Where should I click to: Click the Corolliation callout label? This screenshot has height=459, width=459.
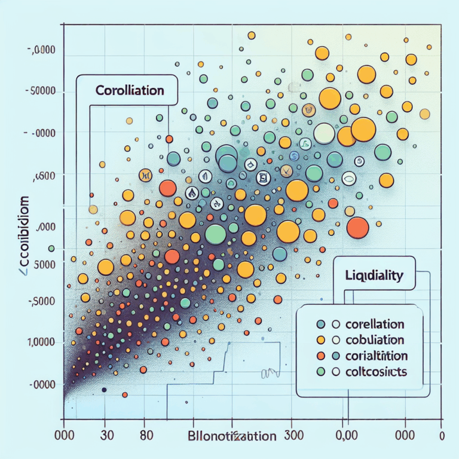point(129,91)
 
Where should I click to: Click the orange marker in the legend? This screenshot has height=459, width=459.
point(320,340)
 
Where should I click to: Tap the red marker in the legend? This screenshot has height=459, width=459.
point(320,356)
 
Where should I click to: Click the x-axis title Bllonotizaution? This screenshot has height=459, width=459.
point(233,436)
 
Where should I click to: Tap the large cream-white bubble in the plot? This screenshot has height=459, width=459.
point(325,134)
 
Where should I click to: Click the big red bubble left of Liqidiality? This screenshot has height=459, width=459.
point(357,227)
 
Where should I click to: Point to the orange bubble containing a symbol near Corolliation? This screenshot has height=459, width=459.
point(145,176)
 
